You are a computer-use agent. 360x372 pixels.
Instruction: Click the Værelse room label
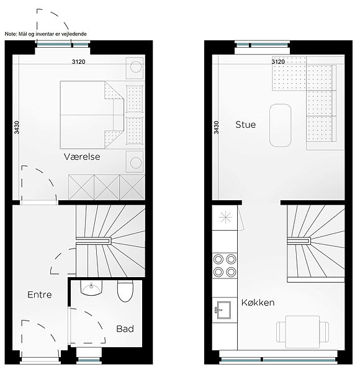82,157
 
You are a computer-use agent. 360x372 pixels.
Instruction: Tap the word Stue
246,125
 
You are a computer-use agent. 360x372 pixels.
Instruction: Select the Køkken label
258,303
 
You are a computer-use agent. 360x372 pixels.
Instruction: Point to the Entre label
40,294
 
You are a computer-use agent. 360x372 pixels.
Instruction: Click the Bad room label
125,329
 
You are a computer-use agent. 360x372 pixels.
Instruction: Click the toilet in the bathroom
125,291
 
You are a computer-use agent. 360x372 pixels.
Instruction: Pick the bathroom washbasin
91,288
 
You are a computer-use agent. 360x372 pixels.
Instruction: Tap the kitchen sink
223,310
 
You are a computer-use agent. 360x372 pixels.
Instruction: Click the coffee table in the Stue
280,125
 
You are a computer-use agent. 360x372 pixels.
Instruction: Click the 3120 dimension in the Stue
278,61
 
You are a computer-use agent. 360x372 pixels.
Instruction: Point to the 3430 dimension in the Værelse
16,127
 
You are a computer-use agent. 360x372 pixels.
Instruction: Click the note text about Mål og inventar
45,34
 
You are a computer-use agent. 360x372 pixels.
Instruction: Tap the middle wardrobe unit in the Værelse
107,187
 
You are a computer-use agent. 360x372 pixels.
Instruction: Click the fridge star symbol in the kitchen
225,217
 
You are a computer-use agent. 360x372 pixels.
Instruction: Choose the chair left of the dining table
281,332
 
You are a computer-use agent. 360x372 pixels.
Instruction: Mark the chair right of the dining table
324,332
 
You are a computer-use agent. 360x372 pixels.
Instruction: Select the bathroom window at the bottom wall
89,360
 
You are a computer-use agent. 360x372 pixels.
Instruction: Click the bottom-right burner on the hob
231,272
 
